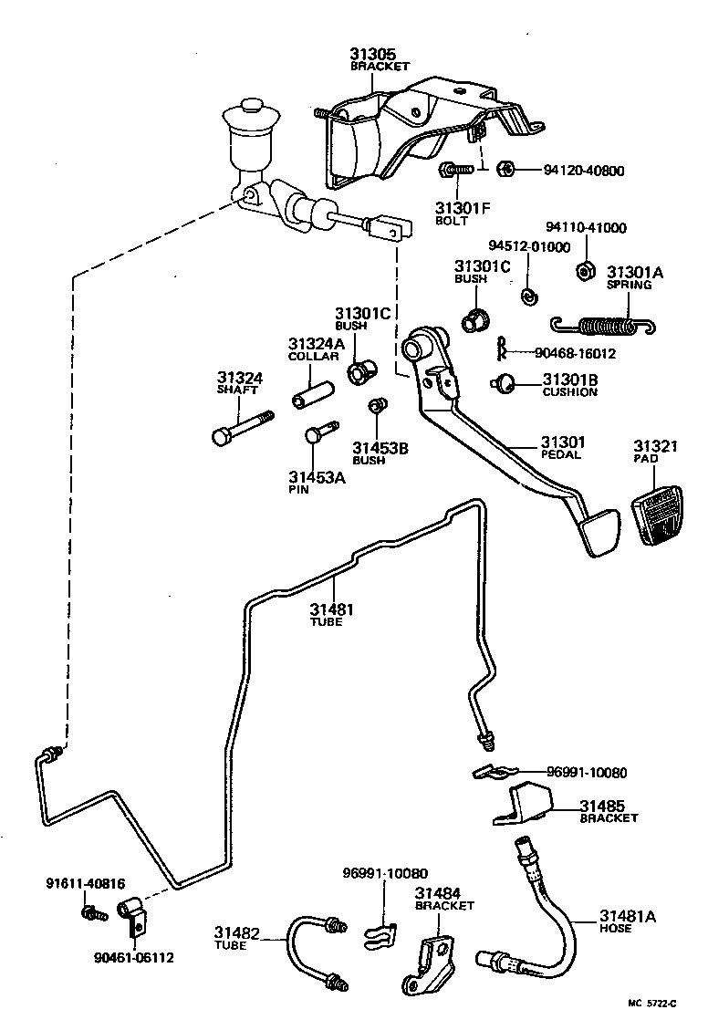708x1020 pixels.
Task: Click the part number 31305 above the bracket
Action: [x=371, y=54]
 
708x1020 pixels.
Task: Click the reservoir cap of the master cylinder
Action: [x=250, y=120]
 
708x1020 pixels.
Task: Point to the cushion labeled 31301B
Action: [x=504, y=383]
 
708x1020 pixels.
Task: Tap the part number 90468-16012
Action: [x=576, y=354]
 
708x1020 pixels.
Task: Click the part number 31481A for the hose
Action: [x=627, y=916]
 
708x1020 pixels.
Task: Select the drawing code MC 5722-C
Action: [x=655, y=1004]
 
